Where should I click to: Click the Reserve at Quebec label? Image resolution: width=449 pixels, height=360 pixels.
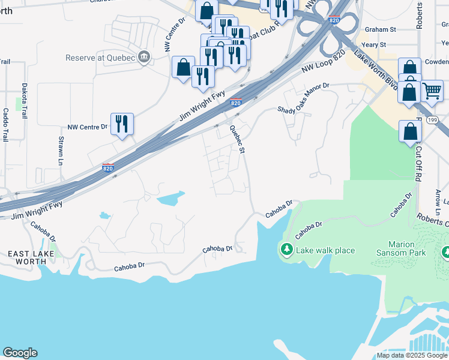(x=100, y=58)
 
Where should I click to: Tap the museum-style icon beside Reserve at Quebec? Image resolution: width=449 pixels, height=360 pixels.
(x=143, y=58)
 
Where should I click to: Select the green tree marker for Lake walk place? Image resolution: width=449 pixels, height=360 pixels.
(x=287, y=249)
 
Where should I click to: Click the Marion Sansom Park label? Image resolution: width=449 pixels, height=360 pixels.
(x=402, y=248)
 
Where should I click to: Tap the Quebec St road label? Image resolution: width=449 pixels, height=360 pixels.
(x=238, y=137)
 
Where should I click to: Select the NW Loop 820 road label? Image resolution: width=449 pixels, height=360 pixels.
(x=324, y=62)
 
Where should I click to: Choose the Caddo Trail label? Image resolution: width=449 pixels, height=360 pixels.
(x=5, y=124)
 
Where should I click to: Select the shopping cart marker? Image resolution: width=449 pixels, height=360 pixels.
(x=432, y=91)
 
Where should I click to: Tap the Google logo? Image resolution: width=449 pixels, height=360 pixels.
(x=20, y=353)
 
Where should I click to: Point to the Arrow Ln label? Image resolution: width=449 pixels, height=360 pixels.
(x=438, y=199)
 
